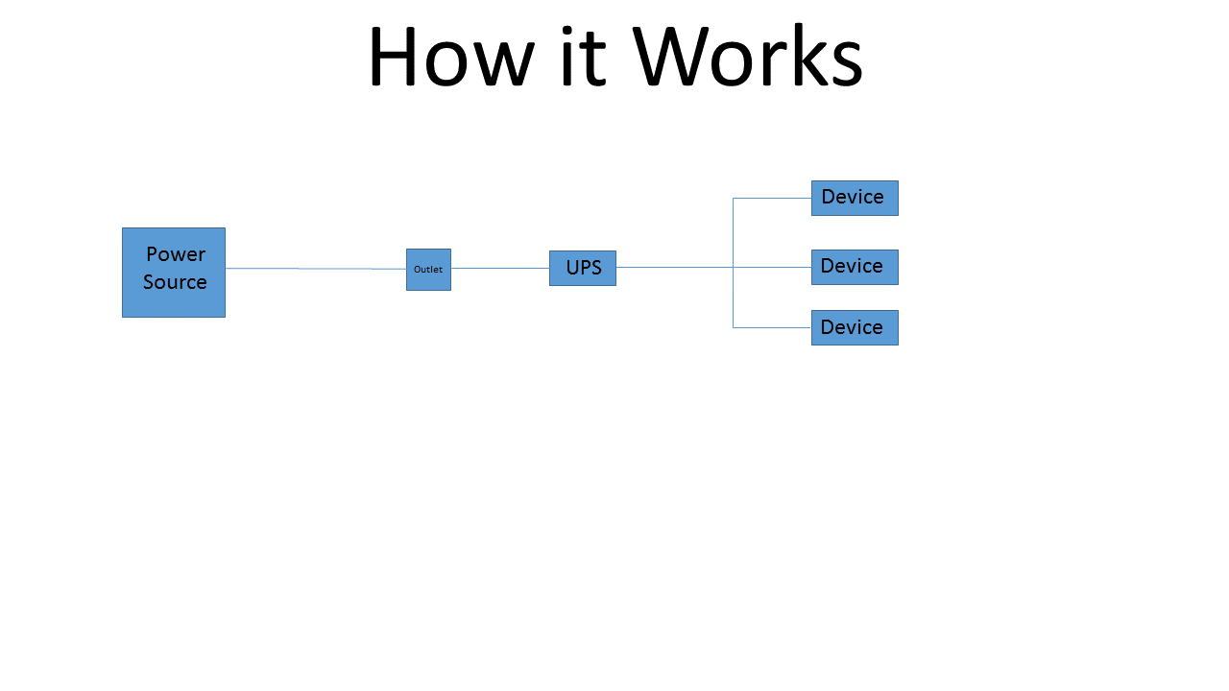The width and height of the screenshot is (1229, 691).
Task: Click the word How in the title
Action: pos(449,58)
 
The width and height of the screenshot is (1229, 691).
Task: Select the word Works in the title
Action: pos(747,58)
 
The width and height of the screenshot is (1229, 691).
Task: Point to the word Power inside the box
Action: pos(176,254)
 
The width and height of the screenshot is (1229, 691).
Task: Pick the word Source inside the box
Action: pos(175,282)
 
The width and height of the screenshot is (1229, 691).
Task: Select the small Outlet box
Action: pos(428,270)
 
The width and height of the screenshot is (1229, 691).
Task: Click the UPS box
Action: pos(583,268)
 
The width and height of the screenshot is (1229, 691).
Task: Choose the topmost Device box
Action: pos(855,198)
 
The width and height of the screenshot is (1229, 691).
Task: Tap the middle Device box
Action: pos(855,267)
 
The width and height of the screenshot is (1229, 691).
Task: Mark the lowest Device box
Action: pos(855,327)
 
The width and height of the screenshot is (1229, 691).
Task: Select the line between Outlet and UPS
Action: pos(499,268)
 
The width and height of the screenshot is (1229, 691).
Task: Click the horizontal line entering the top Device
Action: pos(772,198)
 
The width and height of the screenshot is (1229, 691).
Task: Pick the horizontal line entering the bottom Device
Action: pos(772,327)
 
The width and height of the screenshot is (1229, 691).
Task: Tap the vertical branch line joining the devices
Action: pos(733,298)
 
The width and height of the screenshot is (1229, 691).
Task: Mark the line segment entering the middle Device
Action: pos(773,267)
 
